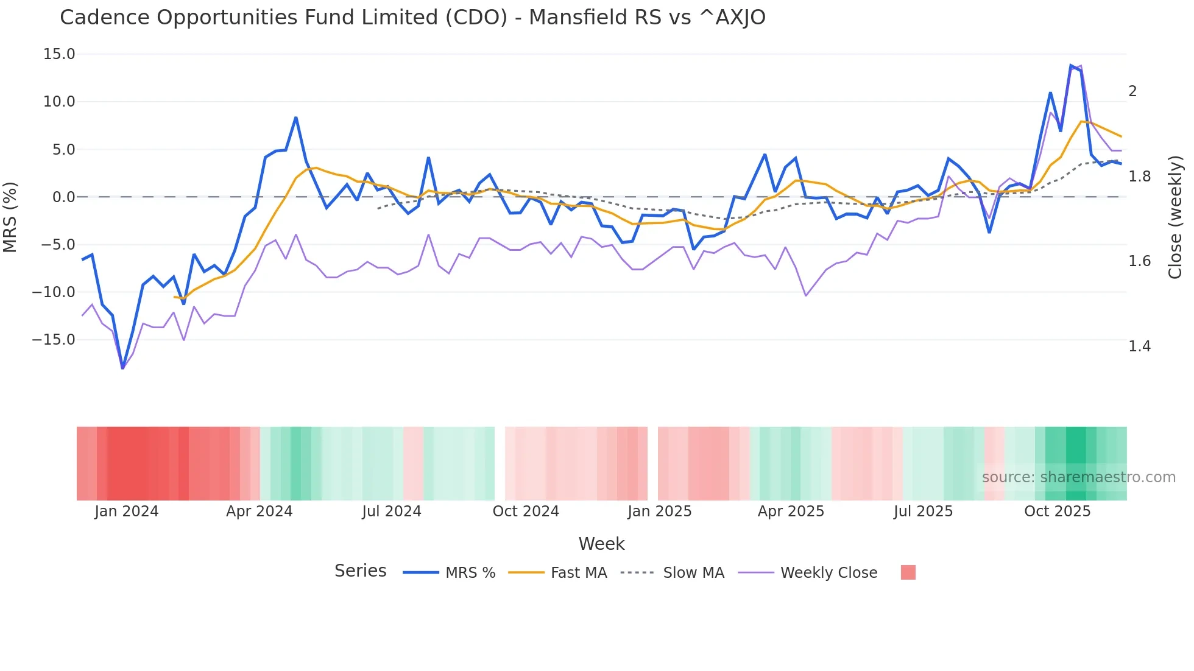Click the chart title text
tap(412, 18)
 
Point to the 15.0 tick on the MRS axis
tap(59, 54)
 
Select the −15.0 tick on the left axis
tap(54, 340)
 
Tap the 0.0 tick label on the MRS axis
tap(63, 197)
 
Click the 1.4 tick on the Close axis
tap(1139, 346)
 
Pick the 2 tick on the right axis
tap(1132, 91)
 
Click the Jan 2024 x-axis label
tap(126, 511)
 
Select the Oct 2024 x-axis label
tap(526, 511)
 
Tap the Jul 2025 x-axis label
tap(923, 511)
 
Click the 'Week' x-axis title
tap(601, 544)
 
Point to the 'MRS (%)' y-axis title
tap(10, 217)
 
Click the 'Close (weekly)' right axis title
tap(1175, 217)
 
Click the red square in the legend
tap(908, 572)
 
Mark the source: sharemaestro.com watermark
tap(1078, 477)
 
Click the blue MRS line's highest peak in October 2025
tap(1071, 66)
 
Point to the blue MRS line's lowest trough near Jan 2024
tap(122, 368)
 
